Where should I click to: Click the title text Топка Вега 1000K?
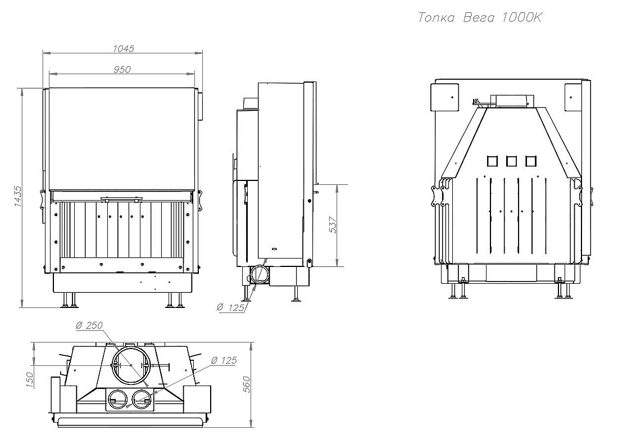[480, 18]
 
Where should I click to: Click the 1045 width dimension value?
[124, 48]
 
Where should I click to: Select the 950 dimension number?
[122, 70]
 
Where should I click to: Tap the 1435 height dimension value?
[18, 196]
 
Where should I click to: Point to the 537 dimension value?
[333, 225]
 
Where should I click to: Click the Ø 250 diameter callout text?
[89, 325]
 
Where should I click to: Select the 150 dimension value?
[30, 380]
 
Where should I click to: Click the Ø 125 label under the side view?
[230, 307]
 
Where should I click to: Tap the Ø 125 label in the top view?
[224, 360]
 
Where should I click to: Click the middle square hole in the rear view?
[511, 161]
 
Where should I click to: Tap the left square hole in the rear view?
[492, 161]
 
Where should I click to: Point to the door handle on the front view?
[121, 199]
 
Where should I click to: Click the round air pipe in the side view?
[259, 274]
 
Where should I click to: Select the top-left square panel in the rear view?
[444, 97]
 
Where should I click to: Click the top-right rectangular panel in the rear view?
[573, 97]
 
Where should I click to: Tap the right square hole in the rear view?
[530, 161]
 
